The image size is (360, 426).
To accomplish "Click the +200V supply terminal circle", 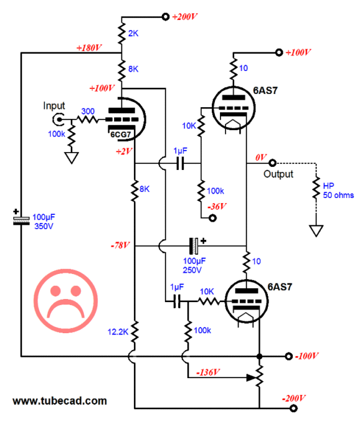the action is click(166, 17).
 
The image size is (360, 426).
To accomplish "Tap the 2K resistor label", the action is click(133, 34).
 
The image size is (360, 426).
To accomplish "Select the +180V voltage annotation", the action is click(89, 48).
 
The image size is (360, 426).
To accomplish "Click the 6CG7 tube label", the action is click(121, 134).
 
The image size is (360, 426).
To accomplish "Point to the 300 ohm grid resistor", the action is click(87, 120).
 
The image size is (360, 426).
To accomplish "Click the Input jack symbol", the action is click(58, 120).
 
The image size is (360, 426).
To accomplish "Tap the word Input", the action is click(54, 106).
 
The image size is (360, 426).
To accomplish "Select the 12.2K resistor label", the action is click(118, 332).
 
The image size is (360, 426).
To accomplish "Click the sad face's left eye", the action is click(55, 291).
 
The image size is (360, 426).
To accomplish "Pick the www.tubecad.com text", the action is click(60, 401).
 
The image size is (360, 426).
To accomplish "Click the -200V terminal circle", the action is click(293, 408).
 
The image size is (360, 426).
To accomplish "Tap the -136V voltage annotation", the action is click(208, 372).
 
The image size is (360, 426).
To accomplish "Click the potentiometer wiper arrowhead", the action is click(251, 377).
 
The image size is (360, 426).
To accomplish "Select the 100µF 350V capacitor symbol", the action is click(21, 220).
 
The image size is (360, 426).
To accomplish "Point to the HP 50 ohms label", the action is click(338, 191).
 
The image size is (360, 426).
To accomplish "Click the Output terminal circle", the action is click(273, 163).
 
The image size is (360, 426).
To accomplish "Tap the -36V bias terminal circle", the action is click(212, 218).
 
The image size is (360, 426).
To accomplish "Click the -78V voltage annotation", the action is click(120, 245).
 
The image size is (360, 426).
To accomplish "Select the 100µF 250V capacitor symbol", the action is click(194, 246).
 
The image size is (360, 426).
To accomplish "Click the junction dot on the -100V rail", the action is click(260, 356).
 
